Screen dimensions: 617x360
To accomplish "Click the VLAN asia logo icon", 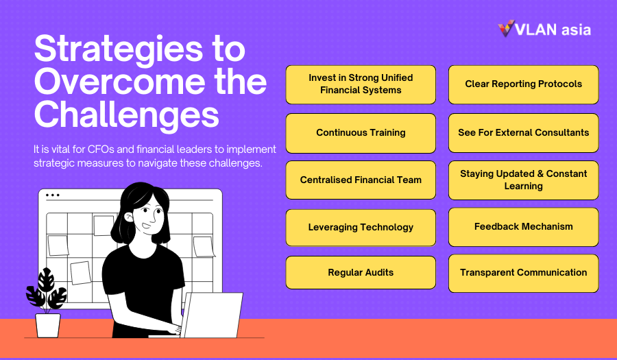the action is (x=506, y=28).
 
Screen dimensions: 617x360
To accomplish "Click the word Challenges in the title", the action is (x=126, y=115).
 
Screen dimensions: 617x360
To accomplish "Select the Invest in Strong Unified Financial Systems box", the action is (x=361, y=84).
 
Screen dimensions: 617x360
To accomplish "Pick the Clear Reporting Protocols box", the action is (x=523, y=84).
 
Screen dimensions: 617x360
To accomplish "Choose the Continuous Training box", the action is (x=361, y=133).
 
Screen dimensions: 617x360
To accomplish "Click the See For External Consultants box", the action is (x=523, y=133).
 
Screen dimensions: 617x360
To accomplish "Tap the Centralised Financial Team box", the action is (x=361, y=180).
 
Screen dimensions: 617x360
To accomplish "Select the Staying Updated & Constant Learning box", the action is (x=523, y=180).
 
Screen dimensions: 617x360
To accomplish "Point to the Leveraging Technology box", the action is (x=361, y=228).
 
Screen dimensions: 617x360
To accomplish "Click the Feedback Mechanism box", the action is (x=523, y=227).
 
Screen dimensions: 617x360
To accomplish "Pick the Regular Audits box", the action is (x=361, y=273).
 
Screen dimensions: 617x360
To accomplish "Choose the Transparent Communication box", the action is (x=523, y=274).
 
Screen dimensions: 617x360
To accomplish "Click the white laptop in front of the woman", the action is (x=213, y=315).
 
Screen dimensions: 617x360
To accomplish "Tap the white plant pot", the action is (x=47, y=326).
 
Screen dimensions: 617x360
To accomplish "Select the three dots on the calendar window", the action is (x=53, y=195).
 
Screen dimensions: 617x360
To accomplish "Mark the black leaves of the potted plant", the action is (x=47, y=289).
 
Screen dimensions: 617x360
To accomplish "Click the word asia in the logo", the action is (x=576, y=30).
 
